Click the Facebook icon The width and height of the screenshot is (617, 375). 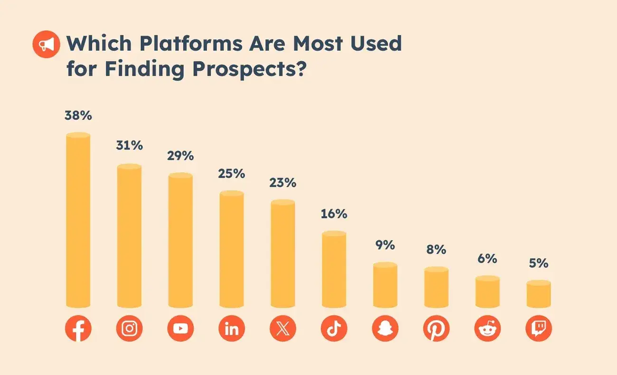point(78,328)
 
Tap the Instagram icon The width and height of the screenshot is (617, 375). point(129,328)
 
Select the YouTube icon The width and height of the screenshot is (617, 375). point(180,328)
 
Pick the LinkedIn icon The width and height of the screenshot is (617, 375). point(232,328)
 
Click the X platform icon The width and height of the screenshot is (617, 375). point(283,328)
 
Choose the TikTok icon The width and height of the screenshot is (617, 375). point(334,328)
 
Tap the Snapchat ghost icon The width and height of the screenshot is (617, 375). point(385,328)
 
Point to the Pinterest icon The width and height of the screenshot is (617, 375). point(436,328)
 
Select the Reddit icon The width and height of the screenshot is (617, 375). point(487,328)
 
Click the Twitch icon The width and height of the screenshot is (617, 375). point(539,328)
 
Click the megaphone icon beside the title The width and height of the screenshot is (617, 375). point(47,45)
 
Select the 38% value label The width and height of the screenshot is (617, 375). point(78,115)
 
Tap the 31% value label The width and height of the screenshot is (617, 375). point(129,145)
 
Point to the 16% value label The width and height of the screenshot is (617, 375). point(334,213)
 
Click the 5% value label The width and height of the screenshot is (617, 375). point(539,263)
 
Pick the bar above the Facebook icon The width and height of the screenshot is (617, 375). point(78,221)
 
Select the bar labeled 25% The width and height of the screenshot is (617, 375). point(232,250)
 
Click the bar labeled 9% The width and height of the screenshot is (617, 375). point(385,285)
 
